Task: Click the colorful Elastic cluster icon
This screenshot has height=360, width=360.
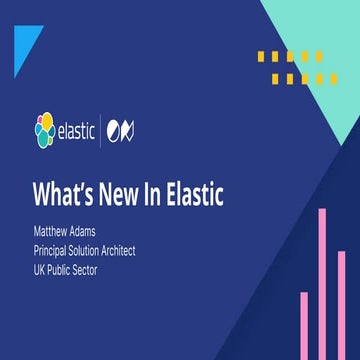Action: [45, 129]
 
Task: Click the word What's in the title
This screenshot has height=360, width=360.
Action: [65, 192]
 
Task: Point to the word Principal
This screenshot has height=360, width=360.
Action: [53, 249]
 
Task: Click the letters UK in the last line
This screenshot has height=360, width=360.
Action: [39, 266]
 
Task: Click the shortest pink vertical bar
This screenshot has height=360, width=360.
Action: [304, 326]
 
